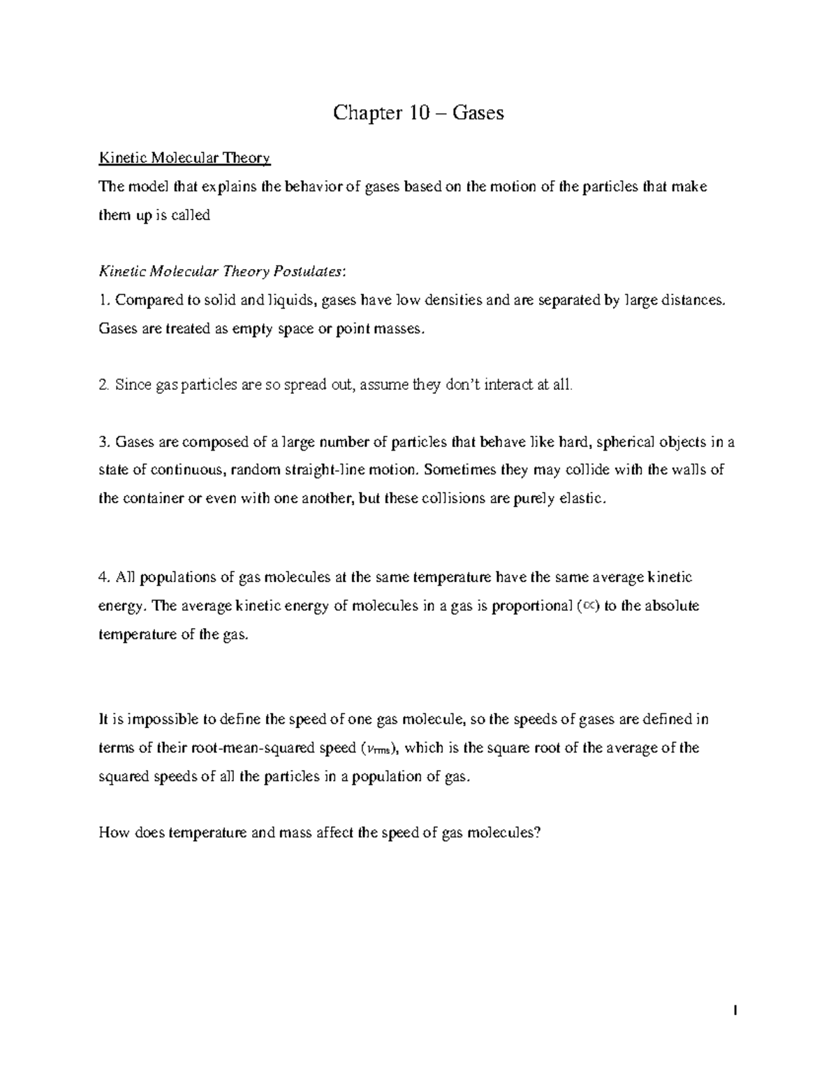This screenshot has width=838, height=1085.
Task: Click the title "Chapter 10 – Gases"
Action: click(418, 112)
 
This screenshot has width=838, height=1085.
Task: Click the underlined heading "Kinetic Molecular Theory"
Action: click(184, 158)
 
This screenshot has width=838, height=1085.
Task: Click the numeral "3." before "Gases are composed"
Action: click(105, 442)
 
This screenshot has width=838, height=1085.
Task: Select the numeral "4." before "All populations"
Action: click(105, 577)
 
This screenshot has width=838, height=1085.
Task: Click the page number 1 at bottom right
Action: click(735, 1011)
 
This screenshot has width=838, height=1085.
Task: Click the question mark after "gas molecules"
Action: click(538, 832)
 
